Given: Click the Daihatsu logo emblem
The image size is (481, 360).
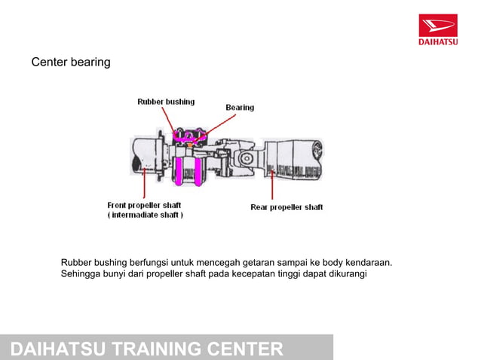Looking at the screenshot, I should click(438, 26).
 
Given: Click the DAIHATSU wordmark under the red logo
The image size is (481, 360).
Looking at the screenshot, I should click(438, 42).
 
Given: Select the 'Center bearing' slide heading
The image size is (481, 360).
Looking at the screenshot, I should click(70, 62).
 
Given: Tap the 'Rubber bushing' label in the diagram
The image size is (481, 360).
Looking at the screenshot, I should click(165, 102).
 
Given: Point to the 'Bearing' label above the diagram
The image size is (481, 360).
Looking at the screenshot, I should click(240, 108).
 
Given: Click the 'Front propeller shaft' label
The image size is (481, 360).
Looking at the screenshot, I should click(144, 204).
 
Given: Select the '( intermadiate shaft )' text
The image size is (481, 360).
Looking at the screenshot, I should click(145, 215).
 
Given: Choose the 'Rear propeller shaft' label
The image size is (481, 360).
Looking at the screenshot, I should click(286, 207).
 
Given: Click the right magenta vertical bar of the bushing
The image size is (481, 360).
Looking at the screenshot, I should click(201, 171).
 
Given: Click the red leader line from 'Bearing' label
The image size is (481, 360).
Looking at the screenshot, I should click(219, 124).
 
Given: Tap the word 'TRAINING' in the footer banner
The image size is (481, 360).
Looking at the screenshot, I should click(158, 349).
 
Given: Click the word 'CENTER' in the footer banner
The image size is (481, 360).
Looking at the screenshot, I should click(245, 349).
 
